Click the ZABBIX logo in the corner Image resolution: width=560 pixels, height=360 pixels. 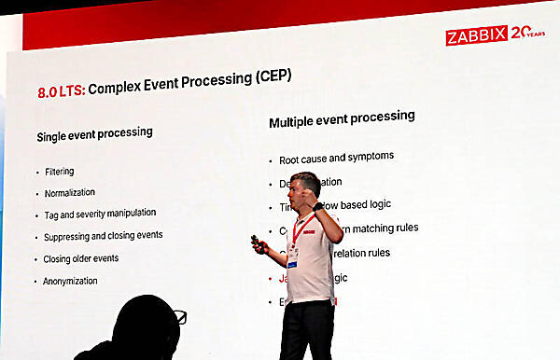click(x=476, y=35)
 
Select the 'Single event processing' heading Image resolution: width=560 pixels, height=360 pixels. click(x=94, y=133)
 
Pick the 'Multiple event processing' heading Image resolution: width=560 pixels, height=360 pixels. click(x=342, y=118)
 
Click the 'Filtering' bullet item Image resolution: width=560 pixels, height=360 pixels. click(x=59, y=172)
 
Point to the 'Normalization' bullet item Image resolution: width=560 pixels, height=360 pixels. click(x=69, y=193)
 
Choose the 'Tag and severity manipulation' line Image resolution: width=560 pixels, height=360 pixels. click(x=100, y=214)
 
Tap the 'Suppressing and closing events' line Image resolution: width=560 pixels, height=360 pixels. click(x=103, y=236)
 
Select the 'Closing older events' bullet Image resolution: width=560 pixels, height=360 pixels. click(x=80, y=258)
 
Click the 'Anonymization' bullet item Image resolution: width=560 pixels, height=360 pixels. click(x=70, y=281)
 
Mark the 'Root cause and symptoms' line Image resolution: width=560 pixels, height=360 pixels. click(x=336, y=158)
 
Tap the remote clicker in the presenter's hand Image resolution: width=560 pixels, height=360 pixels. click(x=255, y=242)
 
